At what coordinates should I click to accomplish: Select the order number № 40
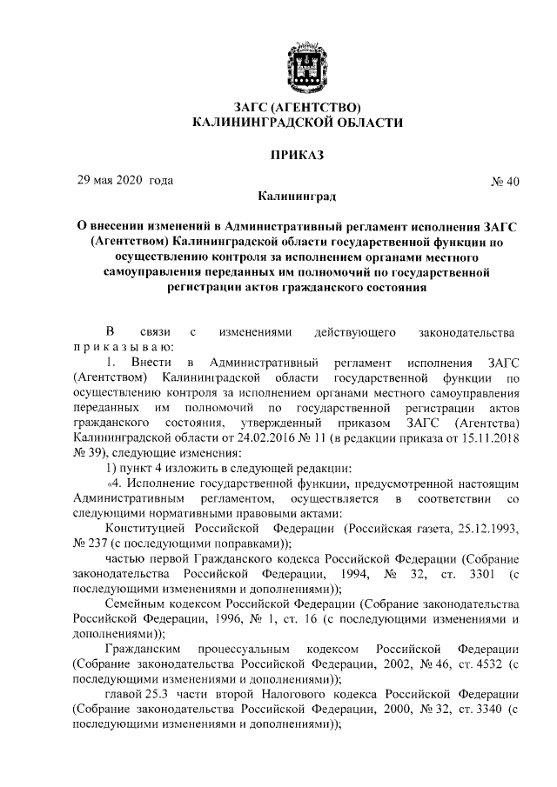coord(506,182)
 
